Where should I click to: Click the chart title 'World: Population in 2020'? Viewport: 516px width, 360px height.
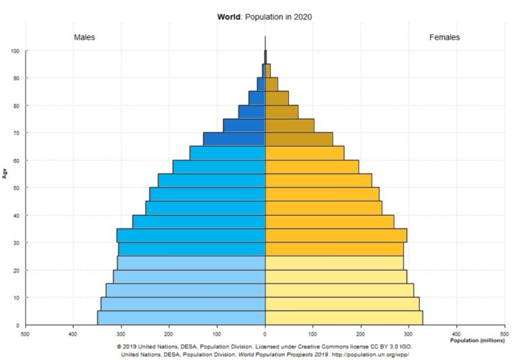pyautogui.click(x=265, y=16)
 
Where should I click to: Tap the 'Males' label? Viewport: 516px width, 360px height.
pyautogui.click(x=84, y=38)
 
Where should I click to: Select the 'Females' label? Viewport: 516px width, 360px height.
pyautogui.click(x=444, y=38)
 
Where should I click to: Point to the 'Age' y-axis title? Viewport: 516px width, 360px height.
pyautogui.click(x=5, y=173)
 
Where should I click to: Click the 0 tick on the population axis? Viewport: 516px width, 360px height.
pyautogui.click(x=265, y=332)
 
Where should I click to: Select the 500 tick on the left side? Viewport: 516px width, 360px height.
pyautogui.click(x=26, y=332)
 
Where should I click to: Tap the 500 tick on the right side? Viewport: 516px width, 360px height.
pyautogui.click(x=504, y=332)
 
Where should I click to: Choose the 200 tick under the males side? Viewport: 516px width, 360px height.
pyautogui.click(x=169, y=332)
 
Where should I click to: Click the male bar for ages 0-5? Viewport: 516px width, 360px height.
pyautogui.click(x=181, y=318)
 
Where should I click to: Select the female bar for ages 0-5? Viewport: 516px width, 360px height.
pyautogui.click(x=343, y=318)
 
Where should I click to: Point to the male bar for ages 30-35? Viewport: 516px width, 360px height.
pyautogui.click(x=191, y=235)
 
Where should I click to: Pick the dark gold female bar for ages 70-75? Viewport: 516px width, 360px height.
pyautogui.click(x=289, y=126)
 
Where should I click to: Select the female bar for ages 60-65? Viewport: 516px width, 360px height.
pyautogui.click(x=304, y=152)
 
